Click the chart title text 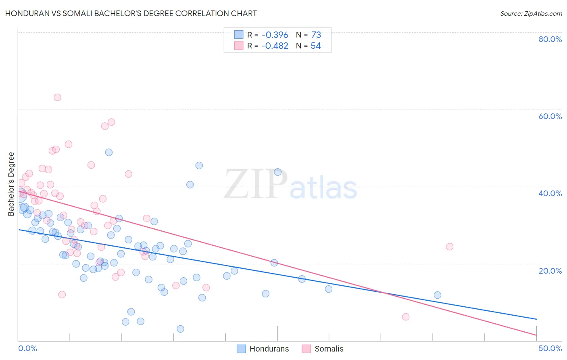tap(131, 13)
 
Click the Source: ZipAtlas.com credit tap(531, 14)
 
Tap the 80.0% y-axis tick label tap(550, 39)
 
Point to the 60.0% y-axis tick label tap(550, 116)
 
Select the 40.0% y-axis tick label tap(550, 193)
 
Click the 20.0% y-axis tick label tap(550, 271)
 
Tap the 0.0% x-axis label tap(28, 348)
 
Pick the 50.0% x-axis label tap(550, 348)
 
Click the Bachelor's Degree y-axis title tap(11, 184)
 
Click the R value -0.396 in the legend tap(275, 35)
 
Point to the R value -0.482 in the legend tap(275, 46)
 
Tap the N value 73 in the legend tap(316, 35)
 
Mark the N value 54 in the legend tap(315, 46)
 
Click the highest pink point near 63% tap(57, 97)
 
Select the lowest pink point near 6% tap(406, 317)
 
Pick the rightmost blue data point tap(438, 295)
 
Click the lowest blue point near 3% tap(180, 329)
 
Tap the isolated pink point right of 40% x tap(450, 247)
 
